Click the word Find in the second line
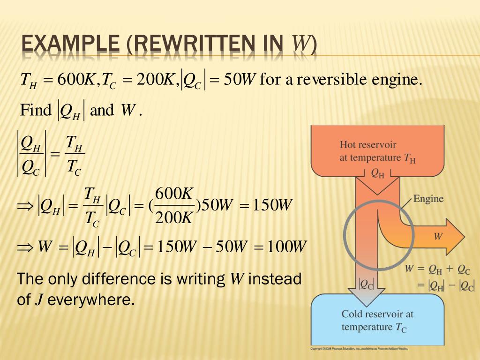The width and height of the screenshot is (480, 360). coord(36,111)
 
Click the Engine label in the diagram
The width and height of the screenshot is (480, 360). coord(428,199)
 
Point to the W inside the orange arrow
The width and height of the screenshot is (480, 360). coord(438,237)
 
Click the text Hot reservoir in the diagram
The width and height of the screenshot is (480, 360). coord(368,145)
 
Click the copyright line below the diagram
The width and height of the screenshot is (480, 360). coord(359,349)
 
